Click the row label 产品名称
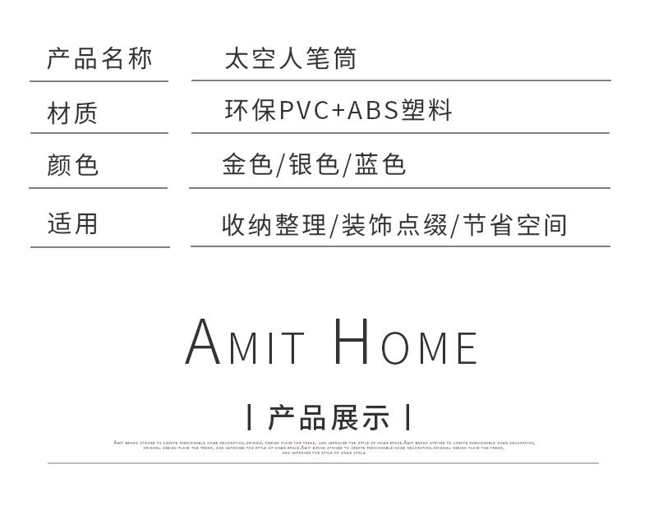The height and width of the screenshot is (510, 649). coord(99,59)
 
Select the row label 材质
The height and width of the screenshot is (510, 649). coord(72,113)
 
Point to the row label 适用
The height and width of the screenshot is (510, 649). coord(72,223)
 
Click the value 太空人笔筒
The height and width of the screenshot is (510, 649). coord(290,59)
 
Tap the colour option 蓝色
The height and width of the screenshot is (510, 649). coord(380,166)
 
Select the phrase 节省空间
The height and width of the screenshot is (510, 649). coord(513,224)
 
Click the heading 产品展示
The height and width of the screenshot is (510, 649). coord(328,418)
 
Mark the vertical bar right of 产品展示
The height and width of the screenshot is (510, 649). coord(407,418)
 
